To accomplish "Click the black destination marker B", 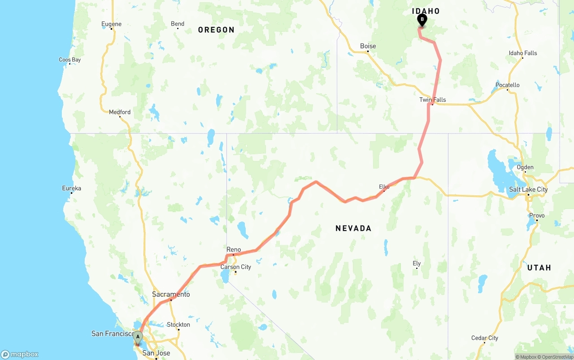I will click(422, 20).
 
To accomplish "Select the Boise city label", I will click(368, 46).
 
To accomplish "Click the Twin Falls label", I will click(432, 100).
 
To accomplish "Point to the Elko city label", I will click(384, 187).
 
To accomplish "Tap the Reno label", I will click(233, 250).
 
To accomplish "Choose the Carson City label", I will click(235, 267).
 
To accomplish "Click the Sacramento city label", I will click(170, 295).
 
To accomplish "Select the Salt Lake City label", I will click(528, 189).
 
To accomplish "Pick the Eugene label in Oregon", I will click(111, 24).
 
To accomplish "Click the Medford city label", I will click(120, 112).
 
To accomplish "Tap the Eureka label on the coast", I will click(71, 188).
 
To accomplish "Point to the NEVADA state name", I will click(353, 228).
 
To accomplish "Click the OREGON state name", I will click(216, 30).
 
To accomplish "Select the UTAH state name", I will click(539, 268).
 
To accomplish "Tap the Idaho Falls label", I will click(522, 53).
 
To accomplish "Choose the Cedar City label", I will click(484, 338).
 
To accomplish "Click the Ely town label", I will click(417, 264).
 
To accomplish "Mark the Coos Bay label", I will click(70, 60).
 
